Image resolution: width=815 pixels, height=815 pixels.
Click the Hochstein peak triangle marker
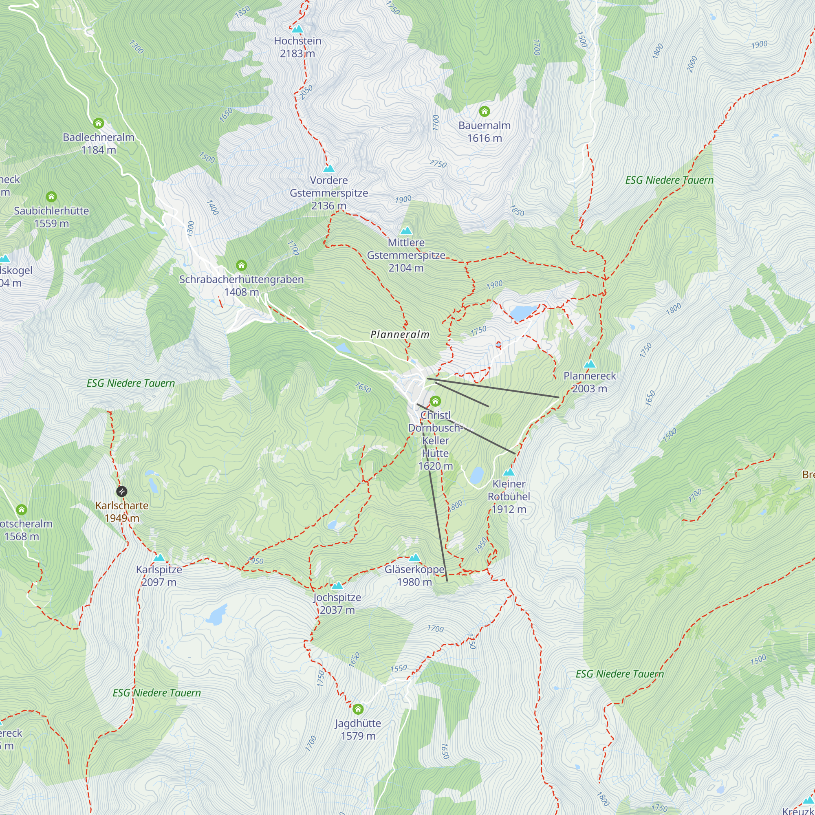click(297, 29)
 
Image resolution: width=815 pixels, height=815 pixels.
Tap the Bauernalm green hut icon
click(484, 111)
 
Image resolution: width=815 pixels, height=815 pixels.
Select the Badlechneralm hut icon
click(98, 123)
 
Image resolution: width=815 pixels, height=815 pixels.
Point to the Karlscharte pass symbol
click(121, 491)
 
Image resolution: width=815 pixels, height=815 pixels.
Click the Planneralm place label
click(399, 335)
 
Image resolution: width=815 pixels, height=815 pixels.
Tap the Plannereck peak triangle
click(590, 364)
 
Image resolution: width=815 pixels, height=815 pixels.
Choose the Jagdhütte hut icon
click(358, 709)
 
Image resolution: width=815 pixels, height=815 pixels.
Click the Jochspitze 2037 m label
click(337, 604)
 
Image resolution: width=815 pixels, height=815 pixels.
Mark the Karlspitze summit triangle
click(159, 558)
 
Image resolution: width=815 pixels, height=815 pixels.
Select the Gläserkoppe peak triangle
click(415, 558)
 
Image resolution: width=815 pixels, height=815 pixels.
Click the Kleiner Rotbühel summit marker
click(509, 472)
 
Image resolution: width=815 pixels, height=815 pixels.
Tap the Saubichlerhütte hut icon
click(51, 196)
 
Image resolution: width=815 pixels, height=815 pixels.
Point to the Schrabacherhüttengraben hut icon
click(241, 265)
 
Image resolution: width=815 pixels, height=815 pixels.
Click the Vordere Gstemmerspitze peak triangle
click(328, 169)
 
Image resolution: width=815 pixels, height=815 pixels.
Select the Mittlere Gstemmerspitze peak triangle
click(406, 231)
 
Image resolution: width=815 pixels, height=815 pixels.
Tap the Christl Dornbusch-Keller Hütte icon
click(435, 401)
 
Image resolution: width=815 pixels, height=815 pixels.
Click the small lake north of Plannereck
click(523, 313)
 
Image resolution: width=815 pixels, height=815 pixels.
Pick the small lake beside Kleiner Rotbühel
click(477, 476)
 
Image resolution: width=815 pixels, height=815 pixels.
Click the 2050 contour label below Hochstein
click(306, 92)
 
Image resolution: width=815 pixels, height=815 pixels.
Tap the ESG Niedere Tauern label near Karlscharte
click(131, 383)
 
